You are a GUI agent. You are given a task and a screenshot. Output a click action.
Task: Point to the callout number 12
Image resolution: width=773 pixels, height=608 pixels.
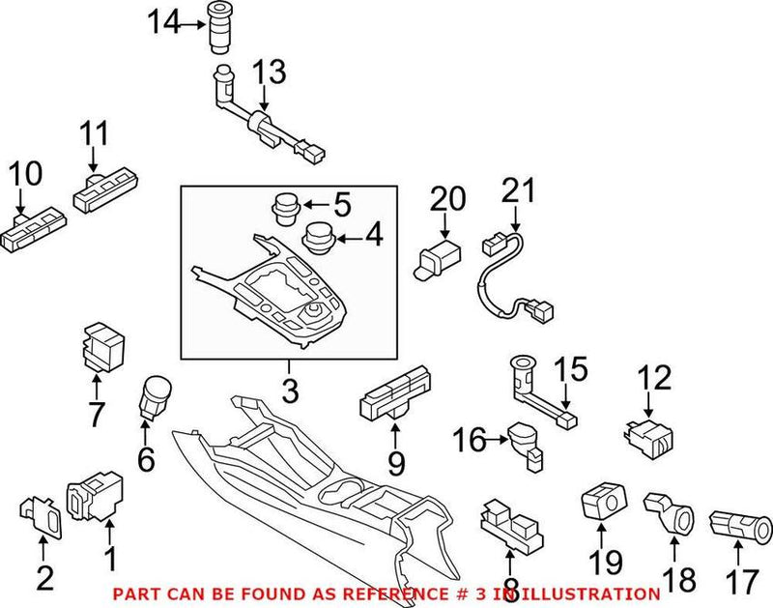(x=656, y=378)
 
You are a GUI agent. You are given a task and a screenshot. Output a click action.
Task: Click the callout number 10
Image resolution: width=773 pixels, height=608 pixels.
(x=26, y=174)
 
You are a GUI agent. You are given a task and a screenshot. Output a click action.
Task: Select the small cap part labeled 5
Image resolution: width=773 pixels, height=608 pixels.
(x=283, y=207)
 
